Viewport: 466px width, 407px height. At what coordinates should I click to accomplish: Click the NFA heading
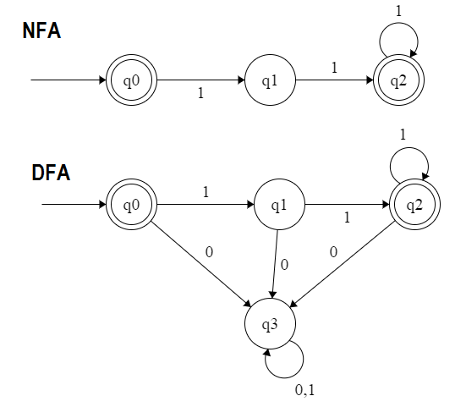point(42,30)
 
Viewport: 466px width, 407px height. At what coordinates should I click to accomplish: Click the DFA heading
point(51,173)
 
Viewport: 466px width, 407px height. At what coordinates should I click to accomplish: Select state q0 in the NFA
point(131,80)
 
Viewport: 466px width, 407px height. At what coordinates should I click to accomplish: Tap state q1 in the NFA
point(270,80)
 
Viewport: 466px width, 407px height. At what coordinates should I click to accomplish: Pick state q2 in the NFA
point(398,80)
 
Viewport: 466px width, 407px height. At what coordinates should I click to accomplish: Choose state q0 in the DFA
point(131,204)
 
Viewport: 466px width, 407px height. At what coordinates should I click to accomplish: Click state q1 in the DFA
point(279,204)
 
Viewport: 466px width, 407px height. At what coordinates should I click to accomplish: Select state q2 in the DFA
point(415,204)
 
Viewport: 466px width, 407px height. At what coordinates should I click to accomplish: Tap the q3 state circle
point(270,324)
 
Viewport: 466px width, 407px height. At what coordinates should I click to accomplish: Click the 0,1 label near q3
point(305,390)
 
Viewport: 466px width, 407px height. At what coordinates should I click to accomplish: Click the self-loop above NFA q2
point(398,23)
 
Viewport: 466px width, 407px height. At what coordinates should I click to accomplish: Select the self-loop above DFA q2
point(409,147)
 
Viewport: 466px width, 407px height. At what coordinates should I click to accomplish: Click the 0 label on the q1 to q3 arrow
point(284,265)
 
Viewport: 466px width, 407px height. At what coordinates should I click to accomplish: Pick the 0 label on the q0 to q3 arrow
point(209,252)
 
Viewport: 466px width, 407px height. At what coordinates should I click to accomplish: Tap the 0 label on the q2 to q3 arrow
point(333,252)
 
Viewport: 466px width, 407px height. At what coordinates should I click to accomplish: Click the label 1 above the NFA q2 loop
point(399,11)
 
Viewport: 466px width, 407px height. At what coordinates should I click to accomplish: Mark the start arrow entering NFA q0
point(69,80)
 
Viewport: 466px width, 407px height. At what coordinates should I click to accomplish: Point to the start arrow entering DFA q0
point(74,204)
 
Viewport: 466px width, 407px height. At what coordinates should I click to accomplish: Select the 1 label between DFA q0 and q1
point(206,192)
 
